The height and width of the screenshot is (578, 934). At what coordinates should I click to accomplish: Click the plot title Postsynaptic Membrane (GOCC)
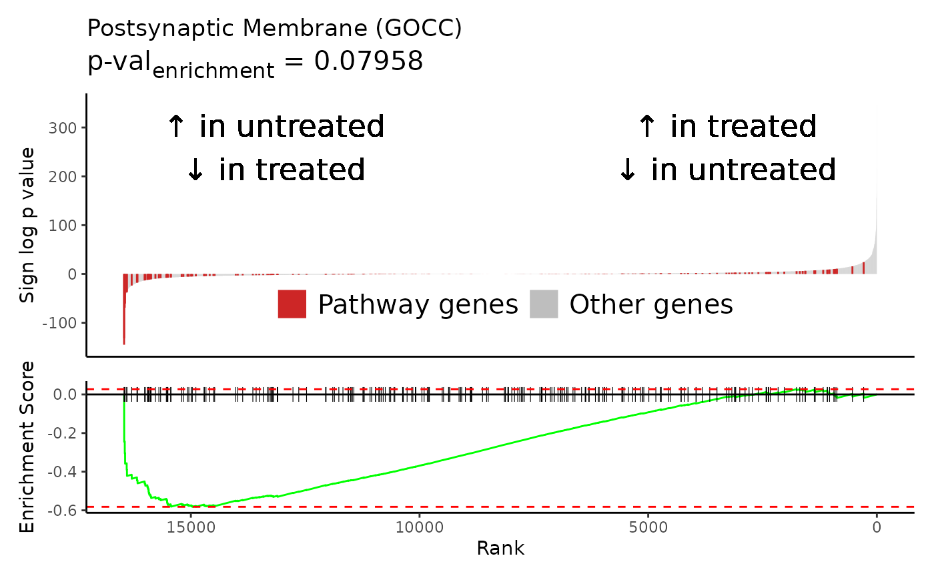click(x=274, y=29)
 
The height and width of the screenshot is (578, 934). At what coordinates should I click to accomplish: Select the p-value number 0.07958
click(x=368, y=61)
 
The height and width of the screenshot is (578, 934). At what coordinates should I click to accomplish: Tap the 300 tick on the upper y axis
click(x=63, y=128)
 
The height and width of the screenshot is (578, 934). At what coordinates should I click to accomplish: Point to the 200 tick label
click(x=63, y=177)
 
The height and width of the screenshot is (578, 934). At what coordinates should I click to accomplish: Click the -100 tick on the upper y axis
click(x=59, y=323)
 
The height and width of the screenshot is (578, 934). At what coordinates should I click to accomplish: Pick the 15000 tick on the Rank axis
click(x=191, y=527)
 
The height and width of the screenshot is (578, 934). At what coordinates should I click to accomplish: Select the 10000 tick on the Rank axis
click(x=420, y=527)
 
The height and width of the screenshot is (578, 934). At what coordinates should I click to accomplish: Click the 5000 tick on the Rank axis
click(x=648, y=527)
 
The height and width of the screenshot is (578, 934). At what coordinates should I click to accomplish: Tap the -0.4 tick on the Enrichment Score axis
click(x=62, y=472)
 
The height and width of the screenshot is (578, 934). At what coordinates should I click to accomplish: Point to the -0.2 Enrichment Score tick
click(x=62, y=433)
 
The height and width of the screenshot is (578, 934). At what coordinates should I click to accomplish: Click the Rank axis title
click(x=500, y=549)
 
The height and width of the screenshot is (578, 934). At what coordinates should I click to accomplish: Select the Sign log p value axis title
click(x=27, y=225)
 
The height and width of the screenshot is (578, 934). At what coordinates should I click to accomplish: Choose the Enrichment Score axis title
click(x=26, y=447)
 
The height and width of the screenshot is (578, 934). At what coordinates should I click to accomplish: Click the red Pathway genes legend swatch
click(x=292, y=304)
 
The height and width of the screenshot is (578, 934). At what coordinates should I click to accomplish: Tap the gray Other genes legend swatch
click(x=544, y=304)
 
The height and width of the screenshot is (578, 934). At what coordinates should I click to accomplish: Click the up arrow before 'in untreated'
click(x=176, y=126)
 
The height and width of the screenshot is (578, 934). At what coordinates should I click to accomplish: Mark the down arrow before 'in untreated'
click(x=628, y=170)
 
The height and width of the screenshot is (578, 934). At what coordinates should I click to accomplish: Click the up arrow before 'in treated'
click(x=646, y=126)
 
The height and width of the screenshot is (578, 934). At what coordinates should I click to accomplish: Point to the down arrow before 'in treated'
click(x=195, y=170)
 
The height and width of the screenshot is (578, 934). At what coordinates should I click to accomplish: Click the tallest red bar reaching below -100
click(x=124, y=309)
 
